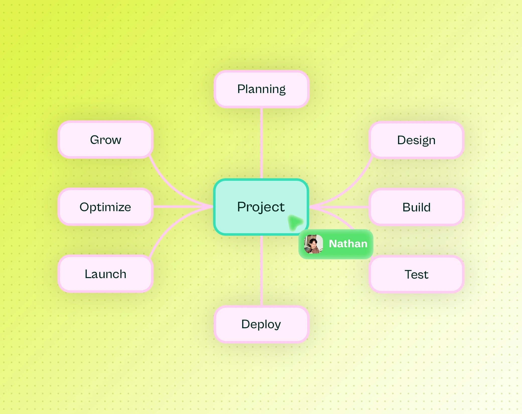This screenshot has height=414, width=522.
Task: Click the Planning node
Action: point(261,89)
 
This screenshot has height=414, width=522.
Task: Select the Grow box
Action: point(105,140)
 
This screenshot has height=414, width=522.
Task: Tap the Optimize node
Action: point(105,207)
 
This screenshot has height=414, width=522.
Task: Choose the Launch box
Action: point(105,274)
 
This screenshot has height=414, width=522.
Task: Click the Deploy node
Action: point(261,324)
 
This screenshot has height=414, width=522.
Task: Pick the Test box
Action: point(416,274)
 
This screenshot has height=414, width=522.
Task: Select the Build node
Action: point(416,207)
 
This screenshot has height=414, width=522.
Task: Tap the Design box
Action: point(416,140)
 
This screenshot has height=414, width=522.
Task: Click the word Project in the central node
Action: point(261,207)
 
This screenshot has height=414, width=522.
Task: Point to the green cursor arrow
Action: point(295,222)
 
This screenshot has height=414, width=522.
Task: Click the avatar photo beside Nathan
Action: point(313,244)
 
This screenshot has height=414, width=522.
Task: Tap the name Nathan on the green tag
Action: point(348,244)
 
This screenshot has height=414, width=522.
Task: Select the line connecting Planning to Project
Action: point(262,143)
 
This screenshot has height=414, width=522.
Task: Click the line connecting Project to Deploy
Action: point(262,271)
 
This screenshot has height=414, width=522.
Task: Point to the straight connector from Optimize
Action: point(183,207)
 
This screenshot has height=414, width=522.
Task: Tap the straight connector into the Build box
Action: point(339,207)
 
